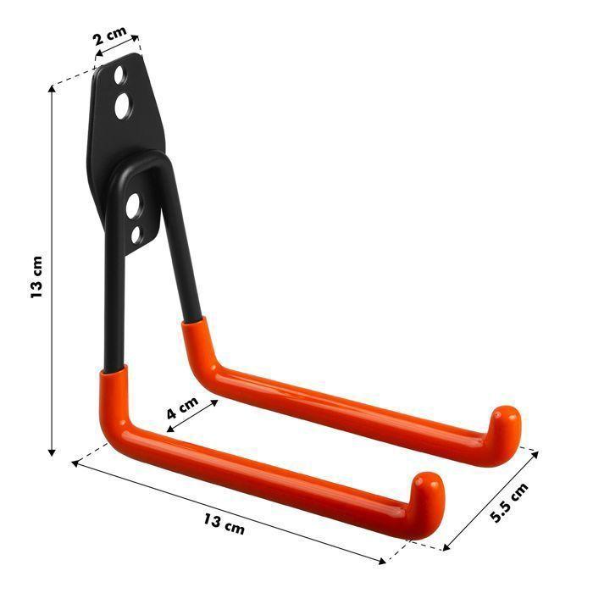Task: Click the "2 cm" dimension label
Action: coord(110,39)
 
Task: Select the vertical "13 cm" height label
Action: coord(36,275)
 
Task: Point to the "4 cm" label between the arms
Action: coord(181,408)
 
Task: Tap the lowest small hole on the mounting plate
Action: coord(136,236)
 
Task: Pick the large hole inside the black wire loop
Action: coord(133,205)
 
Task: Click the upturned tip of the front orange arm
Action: coord(428,489)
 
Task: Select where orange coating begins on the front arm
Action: coord(112,374)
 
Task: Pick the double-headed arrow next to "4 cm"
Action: coord(191,415)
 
